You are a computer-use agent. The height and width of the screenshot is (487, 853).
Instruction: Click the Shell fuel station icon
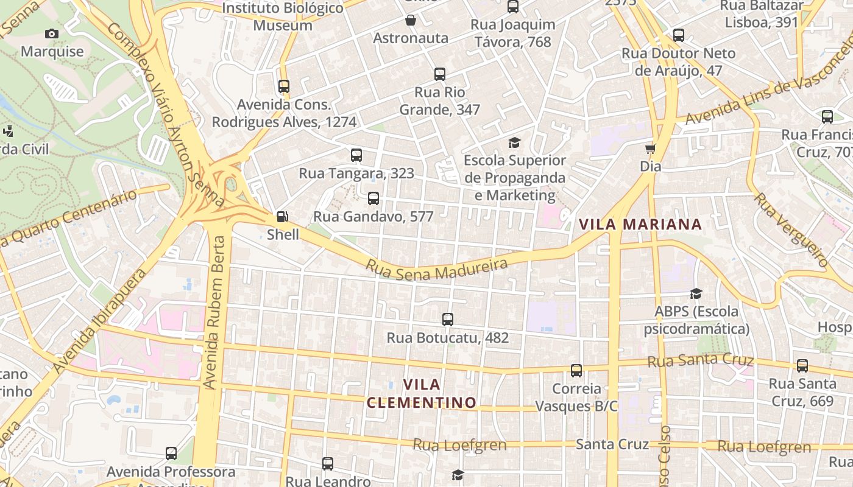pos(282,216)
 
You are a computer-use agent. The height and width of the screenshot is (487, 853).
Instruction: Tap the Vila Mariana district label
pos(640,224)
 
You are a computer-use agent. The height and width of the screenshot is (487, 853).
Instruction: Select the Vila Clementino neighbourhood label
pos(422,393)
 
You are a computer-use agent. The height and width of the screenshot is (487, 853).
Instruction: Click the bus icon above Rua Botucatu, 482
pos(448,319)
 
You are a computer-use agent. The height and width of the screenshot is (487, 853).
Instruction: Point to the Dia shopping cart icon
pos(650,149)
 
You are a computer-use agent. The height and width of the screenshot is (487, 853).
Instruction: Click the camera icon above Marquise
pos(52,34)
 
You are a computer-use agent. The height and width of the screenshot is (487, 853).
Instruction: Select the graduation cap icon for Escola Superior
pos(515,143)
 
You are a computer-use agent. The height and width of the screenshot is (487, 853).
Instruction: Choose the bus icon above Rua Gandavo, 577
pos(373,198)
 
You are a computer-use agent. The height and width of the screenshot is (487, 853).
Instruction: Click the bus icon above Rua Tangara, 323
pos(356,155)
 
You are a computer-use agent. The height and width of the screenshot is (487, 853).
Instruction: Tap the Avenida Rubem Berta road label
pos(212,312)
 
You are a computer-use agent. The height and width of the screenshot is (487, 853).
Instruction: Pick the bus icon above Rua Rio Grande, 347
pos(440,74)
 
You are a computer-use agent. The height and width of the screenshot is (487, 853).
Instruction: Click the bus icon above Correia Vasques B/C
pos(576,370)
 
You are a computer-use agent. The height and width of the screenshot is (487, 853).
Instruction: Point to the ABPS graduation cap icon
pos(696,294)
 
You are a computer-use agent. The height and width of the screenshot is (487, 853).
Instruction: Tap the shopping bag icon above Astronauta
pos(411,21)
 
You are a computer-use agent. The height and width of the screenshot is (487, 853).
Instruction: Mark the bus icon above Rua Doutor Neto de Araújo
pos(679,35)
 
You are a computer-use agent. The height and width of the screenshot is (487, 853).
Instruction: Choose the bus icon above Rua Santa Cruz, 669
pos(802,366)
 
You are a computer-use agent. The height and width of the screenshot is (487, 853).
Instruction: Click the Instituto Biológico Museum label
pos(283,16)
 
